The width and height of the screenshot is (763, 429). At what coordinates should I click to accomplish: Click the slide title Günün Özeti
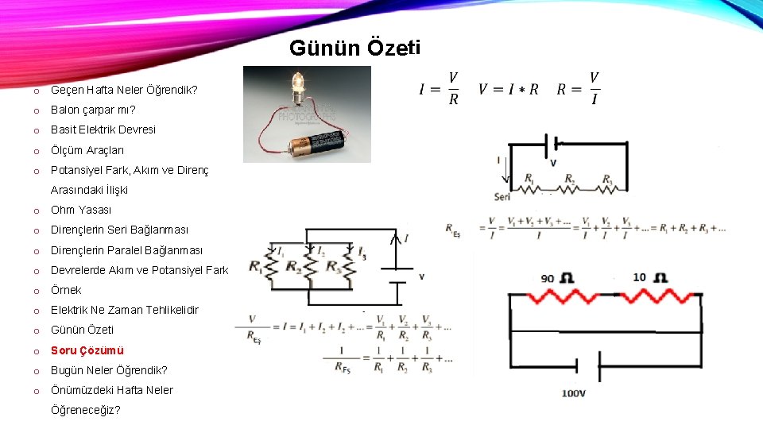click(x=354, y=48)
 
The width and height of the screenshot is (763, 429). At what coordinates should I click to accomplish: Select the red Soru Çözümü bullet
click(x=87, y=350)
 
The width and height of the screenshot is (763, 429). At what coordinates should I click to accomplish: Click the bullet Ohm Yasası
click(x=81, y=210)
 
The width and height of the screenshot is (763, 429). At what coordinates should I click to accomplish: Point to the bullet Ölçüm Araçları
click(x=87, y=150)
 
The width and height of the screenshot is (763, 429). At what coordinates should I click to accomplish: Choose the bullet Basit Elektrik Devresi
click(x=103, y=129)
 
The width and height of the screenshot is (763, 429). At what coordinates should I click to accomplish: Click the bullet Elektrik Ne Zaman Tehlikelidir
click(x=125, y=310)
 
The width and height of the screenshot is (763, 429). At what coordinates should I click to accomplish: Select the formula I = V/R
click(x=439, y=88)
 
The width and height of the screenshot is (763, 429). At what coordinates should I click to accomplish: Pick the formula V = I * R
click(x=509, y=89)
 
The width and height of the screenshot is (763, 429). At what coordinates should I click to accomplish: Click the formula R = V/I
click(x=579, y=88)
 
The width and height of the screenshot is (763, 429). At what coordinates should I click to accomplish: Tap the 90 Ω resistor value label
click(x=557, y=278)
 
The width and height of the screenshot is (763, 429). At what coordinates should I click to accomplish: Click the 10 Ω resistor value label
click(x=650, y=278)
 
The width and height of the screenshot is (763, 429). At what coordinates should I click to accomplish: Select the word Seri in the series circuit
click(x=502, y=196)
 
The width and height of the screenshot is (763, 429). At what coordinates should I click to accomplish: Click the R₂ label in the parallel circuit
click(x=294, y=266)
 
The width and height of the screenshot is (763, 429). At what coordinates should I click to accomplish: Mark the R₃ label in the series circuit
click(x=607, y=179)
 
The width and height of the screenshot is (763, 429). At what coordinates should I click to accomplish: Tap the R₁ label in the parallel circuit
click(x=256, y=266)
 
